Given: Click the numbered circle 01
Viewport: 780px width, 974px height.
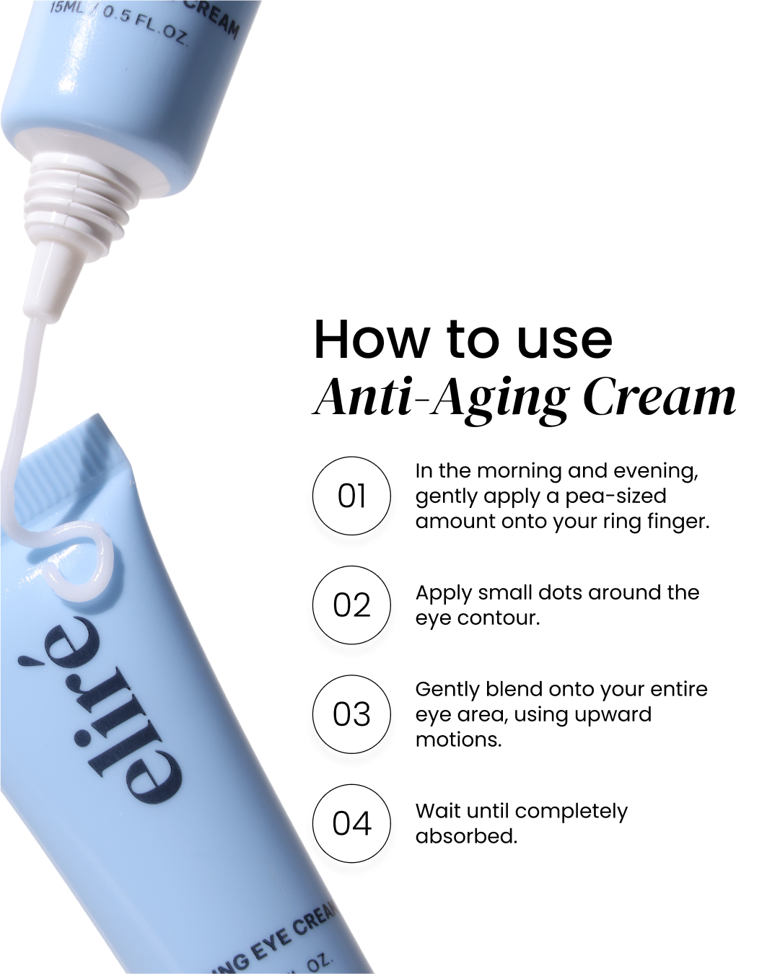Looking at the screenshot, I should (x=351, y=496).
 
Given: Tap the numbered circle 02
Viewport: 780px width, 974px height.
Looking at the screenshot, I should (x=351, y=605).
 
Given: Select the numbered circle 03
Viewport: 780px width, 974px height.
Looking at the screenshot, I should (x=351, y=714).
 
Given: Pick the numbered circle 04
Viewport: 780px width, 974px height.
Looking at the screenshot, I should (x=351, y=823).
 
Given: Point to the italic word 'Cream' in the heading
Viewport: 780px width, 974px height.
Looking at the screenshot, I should (x=659, y=397).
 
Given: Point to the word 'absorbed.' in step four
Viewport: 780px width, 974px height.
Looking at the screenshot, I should (x=466, y=836).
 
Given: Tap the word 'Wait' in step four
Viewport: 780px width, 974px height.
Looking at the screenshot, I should (x=438, y=811).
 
